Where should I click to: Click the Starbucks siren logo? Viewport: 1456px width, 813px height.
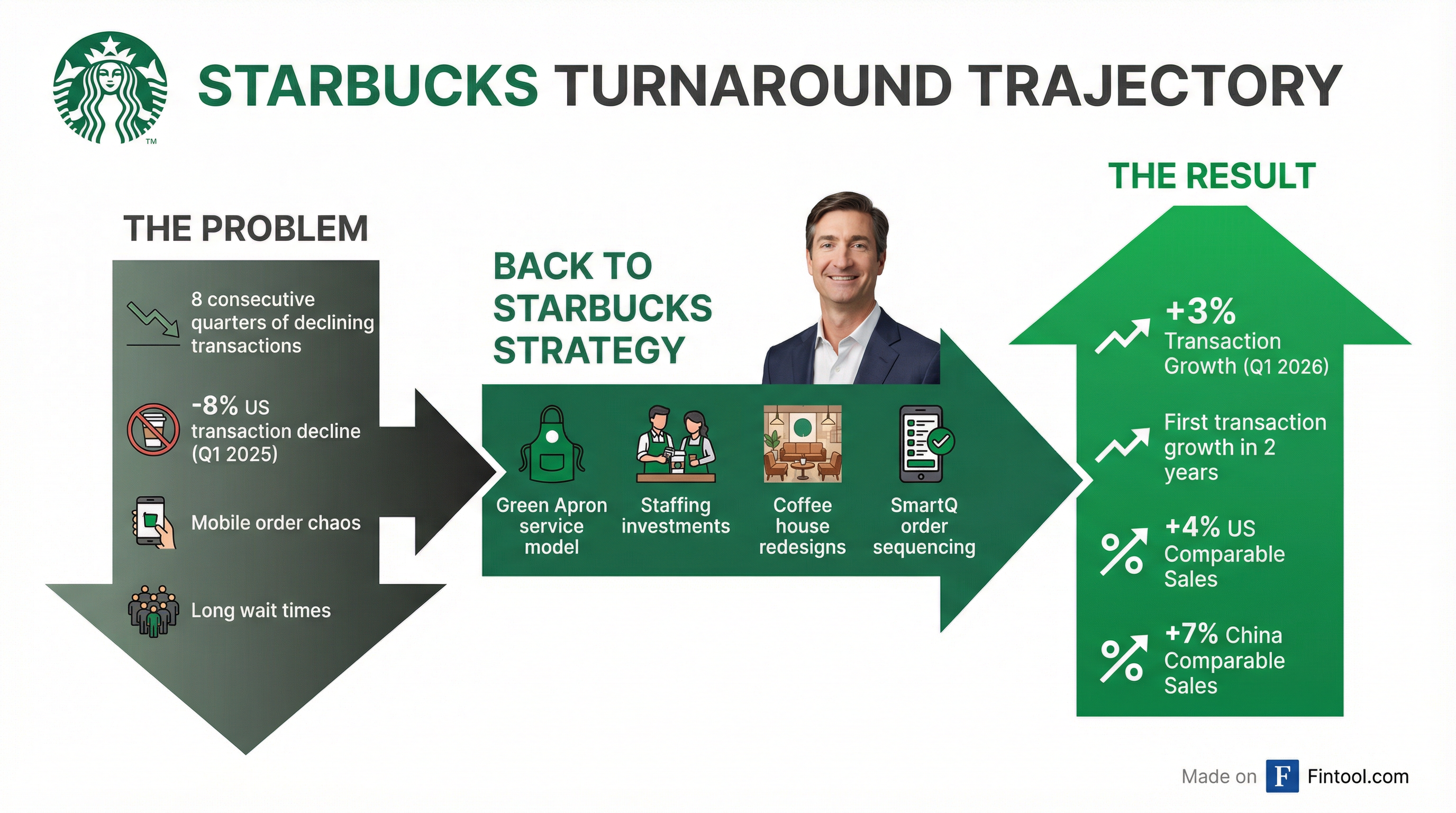click(110, 88)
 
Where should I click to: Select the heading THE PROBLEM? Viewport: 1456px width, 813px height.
click(246, 229)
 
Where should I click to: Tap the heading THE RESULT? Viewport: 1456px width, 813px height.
click(1212, 176)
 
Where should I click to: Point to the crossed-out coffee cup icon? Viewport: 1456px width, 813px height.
click(152, 429)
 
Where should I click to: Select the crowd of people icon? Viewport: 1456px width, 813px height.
click(152, 611)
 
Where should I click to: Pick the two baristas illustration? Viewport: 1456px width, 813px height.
click(676, 444)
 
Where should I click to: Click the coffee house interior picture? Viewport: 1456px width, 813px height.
click(803, 444)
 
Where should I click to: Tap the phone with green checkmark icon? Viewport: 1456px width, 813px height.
click(925, 444)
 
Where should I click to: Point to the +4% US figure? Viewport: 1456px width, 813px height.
click(1209, 527)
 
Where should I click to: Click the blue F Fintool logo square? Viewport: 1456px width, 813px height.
click(1282, 776)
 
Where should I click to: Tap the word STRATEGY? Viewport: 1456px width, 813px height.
click(589, 350)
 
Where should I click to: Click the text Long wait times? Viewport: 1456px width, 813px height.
click(260, 611)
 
